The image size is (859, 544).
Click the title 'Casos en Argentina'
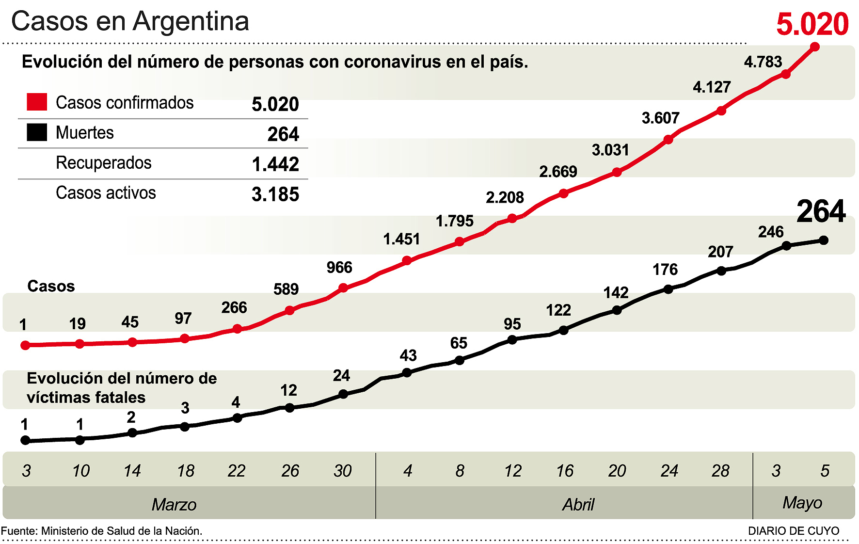130,21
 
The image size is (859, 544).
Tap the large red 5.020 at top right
812,24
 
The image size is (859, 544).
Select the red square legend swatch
37,102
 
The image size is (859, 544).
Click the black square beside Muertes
37,132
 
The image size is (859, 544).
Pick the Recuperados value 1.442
275,164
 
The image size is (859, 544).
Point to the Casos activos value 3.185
275,194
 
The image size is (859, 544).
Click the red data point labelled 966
343,288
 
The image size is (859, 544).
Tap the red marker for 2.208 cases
512,218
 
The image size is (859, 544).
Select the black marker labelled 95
512,339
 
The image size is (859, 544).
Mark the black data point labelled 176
668,289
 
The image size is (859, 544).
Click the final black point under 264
824,240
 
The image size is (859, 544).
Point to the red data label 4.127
712,87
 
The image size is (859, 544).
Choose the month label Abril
578,505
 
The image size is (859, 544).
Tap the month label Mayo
802,503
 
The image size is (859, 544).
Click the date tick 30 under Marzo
343,471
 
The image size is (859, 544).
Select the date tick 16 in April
565,471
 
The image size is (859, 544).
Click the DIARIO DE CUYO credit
794,531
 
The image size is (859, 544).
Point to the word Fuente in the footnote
18,531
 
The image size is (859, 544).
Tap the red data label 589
286,289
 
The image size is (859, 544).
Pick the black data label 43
408,355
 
